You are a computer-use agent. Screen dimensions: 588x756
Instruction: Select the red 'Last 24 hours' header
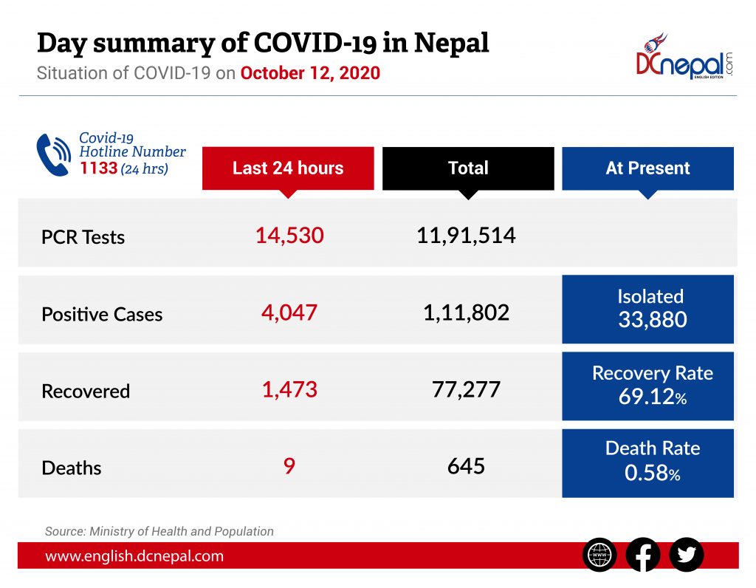(288, 168)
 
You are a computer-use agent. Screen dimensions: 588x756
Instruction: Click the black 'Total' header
(468, 168)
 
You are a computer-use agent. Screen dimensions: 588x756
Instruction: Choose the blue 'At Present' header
(647, 168)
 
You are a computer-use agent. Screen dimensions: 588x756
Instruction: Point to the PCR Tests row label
(83, 238)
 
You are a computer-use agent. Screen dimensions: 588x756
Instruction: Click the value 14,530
(289, 236)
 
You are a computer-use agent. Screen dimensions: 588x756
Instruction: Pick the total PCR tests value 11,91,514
(466, 236)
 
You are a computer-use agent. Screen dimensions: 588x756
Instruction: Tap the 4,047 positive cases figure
(289, 312)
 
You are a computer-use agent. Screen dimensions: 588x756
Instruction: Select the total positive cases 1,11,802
(466, 312)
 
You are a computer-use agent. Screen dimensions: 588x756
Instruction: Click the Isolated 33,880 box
(647, 309)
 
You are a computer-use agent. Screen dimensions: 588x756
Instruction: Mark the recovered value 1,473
(289, 389)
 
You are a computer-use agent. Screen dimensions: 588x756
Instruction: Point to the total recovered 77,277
(466, 389)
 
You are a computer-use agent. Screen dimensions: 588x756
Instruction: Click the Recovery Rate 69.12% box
(647, 386)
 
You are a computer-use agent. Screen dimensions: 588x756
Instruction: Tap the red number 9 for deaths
(289, 466)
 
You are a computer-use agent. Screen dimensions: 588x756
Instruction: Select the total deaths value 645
(466, 466)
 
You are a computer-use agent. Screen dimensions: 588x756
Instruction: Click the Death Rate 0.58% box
(647, 462)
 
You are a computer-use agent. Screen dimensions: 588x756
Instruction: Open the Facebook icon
(643, 555)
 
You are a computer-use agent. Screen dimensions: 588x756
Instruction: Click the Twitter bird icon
(687, 555)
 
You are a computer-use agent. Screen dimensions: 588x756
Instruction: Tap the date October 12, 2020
(310, 74)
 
